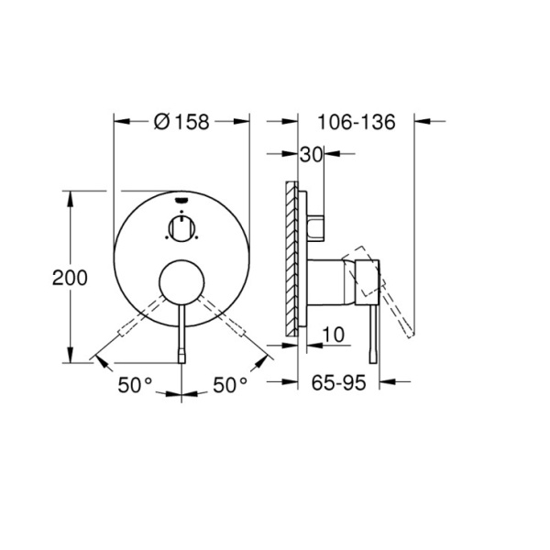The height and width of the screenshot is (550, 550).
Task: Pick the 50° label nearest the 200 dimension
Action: click(135, 385)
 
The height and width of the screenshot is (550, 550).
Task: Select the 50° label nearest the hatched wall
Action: click(230, 385)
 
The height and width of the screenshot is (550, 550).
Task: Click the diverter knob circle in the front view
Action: click(181, 226)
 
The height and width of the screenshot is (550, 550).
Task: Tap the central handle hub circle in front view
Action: click(181, 282)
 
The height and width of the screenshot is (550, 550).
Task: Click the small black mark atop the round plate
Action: click(181, 196)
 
